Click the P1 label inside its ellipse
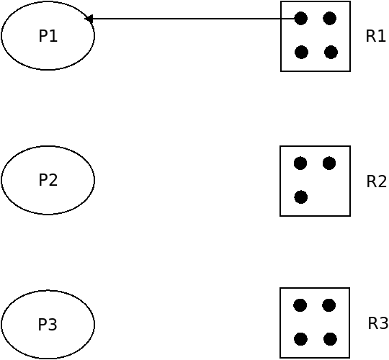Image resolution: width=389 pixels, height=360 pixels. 48,36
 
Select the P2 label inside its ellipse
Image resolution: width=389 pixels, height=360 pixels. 48,180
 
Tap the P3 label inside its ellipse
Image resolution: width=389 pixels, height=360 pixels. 48,324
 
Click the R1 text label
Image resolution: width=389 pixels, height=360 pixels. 375,36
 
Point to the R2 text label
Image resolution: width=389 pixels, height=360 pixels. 376,181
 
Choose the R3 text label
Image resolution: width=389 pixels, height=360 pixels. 378,323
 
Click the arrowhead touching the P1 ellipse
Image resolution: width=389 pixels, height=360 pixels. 89,19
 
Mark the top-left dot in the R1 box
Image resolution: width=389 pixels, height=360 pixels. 301,18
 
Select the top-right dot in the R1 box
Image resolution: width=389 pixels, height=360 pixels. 330,18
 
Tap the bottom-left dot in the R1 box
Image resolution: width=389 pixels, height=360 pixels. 301,53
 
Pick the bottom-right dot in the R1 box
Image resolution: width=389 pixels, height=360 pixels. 331,53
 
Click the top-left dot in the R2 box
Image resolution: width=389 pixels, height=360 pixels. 300,163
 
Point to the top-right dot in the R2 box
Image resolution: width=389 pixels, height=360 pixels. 329,163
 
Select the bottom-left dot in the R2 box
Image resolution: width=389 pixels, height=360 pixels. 301,197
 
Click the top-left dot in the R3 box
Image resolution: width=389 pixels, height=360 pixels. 300,305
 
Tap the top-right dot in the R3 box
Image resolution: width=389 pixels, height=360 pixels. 329,305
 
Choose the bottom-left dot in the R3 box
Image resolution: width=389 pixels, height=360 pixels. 300,339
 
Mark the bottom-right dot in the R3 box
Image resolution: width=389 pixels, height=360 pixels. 330,339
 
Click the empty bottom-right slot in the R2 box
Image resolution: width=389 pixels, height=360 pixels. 330,197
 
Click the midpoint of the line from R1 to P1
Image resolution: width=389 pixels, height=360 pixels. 193,19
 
